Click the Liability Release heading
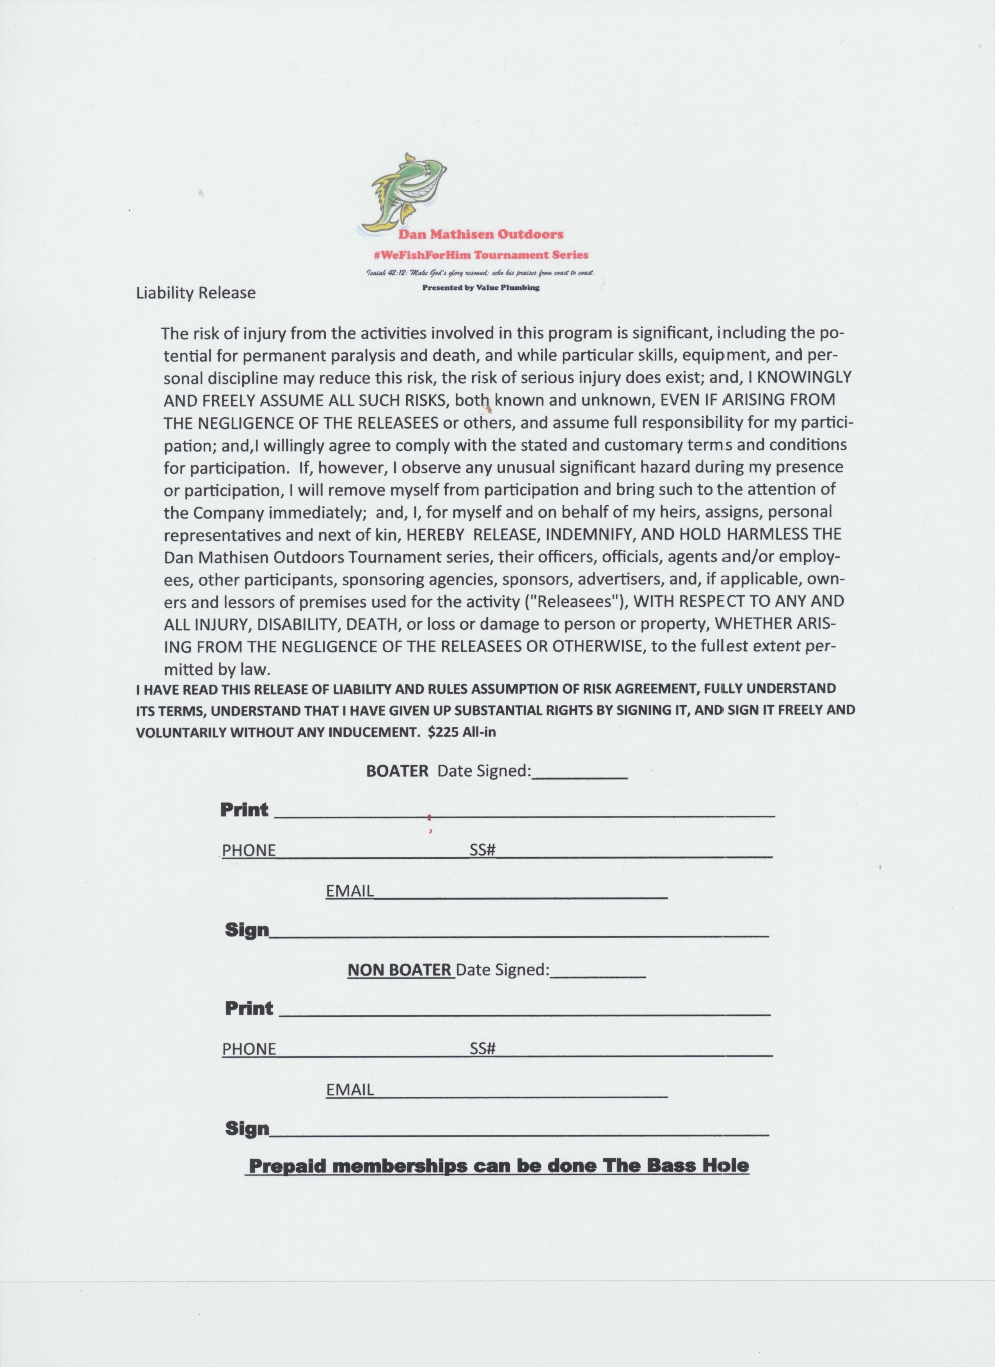click(x=196, y=293)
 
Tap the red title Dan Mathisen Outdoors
click(x=481, y=234)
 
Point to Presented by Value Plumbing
click(x=481, y=287)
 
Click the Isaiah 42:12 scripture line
click(x=481, y=273)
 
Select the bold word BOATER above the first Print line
click(x=397, y=771)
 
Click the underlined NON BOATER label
click(x=400, y=970)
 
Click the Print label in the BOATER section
click(x=244, y=809)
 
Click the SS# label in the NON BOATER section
click(x=482, y=1049)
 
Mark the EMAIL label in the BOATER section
click(x=350, y=891)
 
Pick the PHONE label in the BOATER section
click(x=249, y=850)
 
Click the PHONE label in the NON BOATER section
click(x=249, y=1049)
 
